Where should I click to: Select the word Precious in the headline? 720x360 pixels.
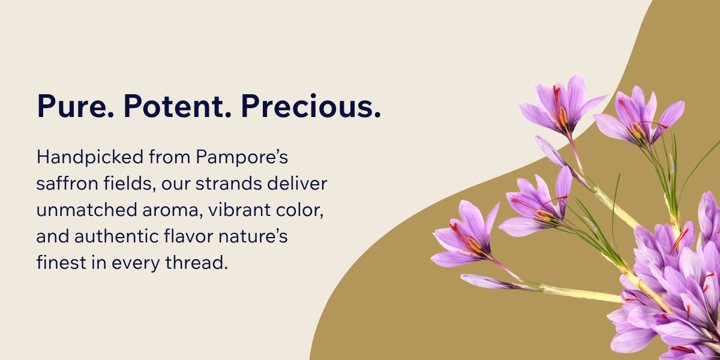pyautogui.click(x=311, y=106)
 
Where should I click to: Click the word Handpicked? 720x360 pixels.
pyautogui.click(x=89, y=157)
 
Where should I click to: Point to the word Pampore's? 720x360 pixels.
pyautogui.click(x=242, y=157)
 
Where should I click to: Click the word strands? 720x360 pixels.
pyautogui.click(x=229, y=184)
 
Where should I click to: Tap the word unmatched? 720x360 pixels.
pyautogui.click(x=87, y=210)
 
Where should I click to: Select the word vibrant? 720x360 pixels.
pyautogui.click(x=235, y=210)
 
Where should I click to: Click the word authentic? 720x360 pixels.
pyautogui.click(x=116, y=236)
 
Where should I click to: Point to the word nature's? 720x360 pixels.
pyautogui.click(x=253, y=237)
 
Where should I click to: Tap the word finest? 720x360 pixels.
pyautogui.click(x=61, y=262)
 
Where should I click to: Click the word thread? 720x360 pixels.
pyautogui.click(x=196, y=262)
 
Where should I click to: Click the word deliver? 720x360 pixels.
pyautogui.click(x=297, y=184)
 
